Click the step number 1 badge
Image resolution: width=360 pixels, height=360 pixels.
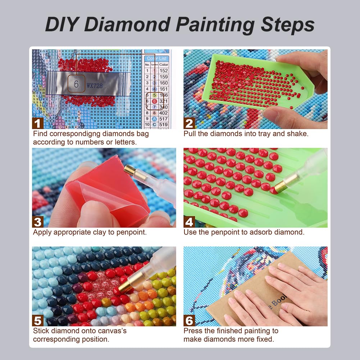coord(38,123)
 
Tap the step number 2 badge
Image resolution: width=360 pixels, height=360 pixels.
coord(189,123)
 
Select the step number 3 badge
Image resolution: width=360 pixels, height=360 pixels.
coord(38,222)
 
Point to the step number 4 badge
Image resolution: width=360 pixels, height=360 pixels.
coord(189,222)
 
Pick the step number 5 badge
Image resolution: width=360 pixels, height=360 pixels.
coord(38,320)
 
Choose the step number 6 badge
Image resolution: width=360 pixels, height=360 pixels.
coord(189,320)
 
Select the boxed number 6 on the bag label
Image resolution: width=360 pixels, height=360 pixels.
coord(76,84)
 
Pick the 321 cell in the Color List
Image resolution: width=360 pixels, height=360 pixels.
coord(164,101)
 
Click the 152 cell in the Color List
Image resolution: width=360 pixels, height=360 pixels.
coord(164,71)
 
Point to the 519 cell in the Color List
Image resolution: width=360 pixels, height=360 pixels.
coord(164,125)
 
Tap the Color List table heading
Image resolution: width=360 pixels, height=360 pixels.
coord(157,58)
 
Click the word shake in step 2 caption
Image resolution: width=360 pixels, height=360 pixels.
coord(298,134)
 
